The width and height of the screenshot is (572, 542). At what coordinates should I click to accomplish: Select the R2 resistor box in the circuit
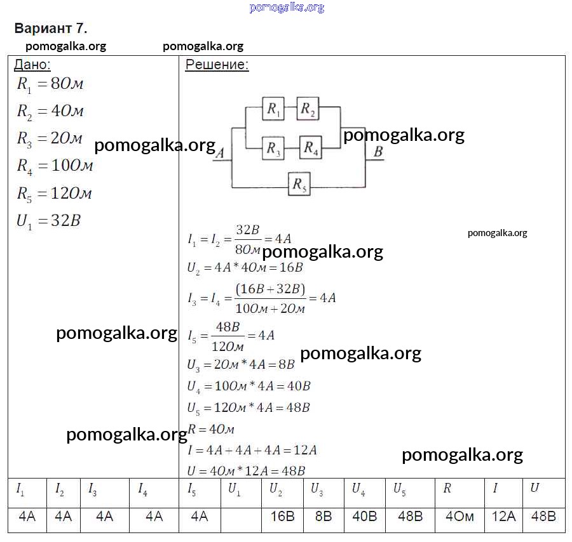(x=308, y=109)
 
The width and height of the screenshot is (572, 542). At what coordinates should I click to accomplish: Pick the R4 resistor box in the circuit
(x=311, y=149)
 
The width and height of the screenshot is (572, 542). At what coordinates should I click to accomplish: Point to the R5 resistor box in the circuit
(x=299, y=185)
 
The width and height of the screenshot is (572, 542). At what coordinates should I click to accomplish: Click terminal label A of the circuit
(x=220, y=152)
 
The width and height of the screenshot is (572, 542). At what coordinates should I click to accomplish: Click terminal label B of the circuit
(x=378, y=151)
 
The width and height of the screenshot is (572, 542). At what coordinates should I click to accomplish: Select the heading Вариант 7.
(x=50, y=29)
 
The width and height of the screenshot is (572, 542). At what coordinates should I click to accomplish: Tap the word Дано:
(x=32, y=65)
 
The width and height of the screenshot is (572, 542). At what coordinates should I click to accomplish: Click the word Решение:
(x=217, y=65)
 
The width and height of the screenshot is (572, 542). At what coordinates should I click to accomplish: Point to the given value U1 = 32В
(x=49, y=221)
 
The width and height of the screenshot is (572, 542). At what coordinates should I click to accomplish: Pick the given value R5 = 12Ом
(x=55, y=194)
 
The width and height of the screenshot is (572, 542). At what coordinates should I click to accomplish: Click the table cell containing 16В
(x=282, y=516)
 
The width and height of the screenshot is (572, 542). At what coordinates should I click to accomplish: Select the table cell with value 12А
(x=503, y=516)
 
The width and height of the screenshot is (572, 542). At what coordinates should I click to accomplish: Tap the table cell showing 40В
(x=364, y=516)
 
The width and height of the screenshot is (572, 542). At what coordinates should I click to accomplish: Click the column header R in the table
(x=447, y=489)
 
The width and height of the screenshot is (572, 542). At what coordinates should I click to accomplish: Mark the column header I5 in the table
(x=192, y=489)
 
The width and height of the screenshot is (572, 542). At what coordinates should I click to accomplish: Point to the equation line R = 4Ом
(x=212, y=429)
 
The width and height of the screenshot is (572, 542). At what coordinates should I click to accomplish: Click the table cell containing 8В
(x=323, y=516)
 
